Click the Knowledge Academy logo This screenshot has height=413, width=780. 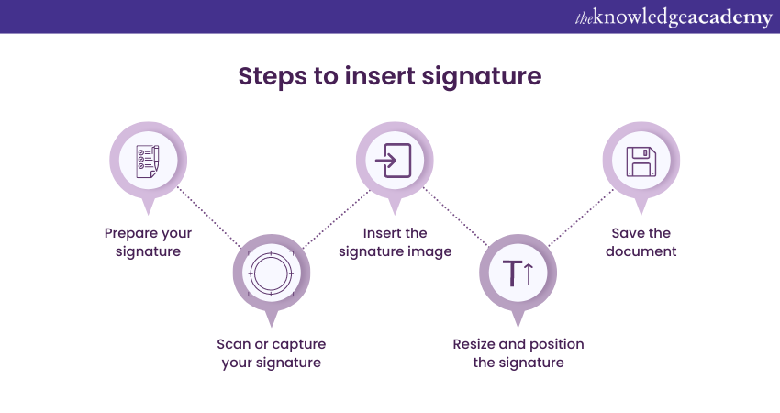pyautogui.click(x=674, y=17)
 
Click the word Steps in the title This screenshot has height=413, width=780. pyautogui.click(x=272, y=76)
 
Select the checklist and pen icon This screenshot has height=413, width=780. pyautogui.click(x=148, y=162)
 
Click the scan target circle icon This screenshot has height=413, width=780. pyautogui.click(x=271, y=273)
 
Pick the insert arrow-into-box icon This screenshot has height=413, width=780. pyautogui.click(x=393, y=161)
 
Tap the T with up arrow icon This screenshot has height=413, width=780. pyautogui.click(x=518, y=273)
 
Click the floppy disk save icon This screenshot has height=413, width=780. pyautogui.click(x=641, y=162)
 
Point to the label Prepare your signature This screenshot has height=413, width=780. pyautogui.click(x=149, y=242)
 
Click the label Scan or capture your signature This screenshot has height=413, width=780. pyautogui.click(x=271, y=353)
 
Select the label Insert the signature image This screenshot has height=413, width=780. pyautogui.click(x=395, y=242)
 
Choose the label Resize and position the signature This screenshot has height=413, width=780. pyautogui.click(x=518, y=353)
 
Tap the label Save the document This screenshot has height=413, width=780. pyautogui.click(x=641, y=242)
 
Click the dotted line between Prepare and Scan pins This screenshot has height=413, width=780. pyautogui.click(x=209, y=217)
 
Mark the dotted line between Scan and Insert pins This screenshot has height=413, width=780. pyautogui.click(x=336, y=219)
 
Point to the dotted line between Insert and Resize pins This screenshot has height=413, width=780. pyautogui.click(x=455, y=217)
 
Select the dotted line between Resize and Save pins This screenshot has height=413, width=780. pyautogui.click(x=581, y=218)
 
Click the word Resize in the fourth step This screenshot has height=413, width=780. pyautogui.click(x=474, y=344)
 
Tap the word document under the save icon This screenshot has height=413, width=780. pyautogui.click(x=641, y=251)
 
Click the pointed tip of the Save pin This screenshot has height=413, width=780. pyautogui.click(x=641, y=215)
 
